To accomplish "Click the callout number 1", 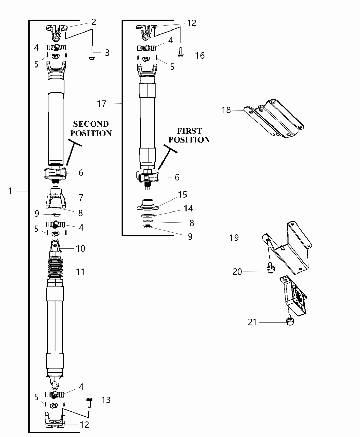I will pyautogui.click(x=10, y=191).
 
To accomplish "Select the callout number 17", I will pyautogui.click(x=101, y=104).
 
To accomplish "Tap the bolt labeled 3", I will pyautogui.click(x=92, y=54).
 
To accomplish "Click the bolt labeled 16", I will pyautogui.click(x=180, y=52).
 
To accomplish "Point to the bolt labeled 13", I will pyautogui.click(x=89, y=402).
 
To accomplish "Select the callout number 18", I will pyautogui.click(x=226, y=110).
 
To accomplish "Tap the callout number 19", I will pyautogui.click(x=234, y=238).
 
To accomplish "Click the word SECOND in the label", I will pyautogui.click(x=91, y=124).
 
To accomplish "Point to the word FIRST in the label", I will pyautogui.click(x=189, y=131).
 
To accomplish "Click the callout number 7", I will pyautogui.click(x=81, y=197).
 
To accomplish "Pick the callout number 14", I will pyautogui.click(x=188, y=208).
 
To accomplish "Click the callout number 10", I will pyautogui.click(x=80, y=248).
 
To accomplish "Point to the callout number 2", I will pyautogui.click(x=93, y=22).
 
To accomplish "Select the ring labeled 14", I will pyautogui.click(x=147, y=215).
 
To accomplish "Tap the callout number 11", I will pyautogui.click(x=80, y=272).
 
